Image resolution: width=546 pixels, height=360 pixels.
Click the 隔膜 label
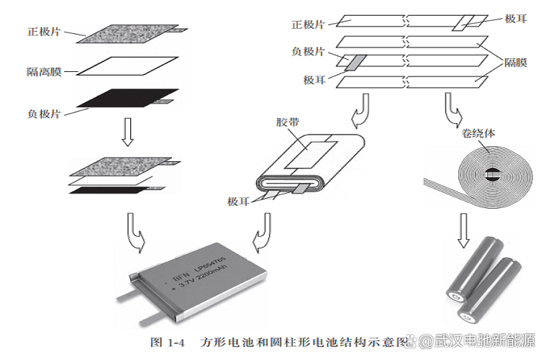click(x=516, y=63)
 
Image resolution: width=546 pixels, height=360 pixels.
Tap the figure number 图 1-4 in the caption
click(x=168, y=341)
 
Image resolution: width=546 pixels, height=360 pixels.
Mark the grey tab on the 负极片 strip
click(x=352, y=63)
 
